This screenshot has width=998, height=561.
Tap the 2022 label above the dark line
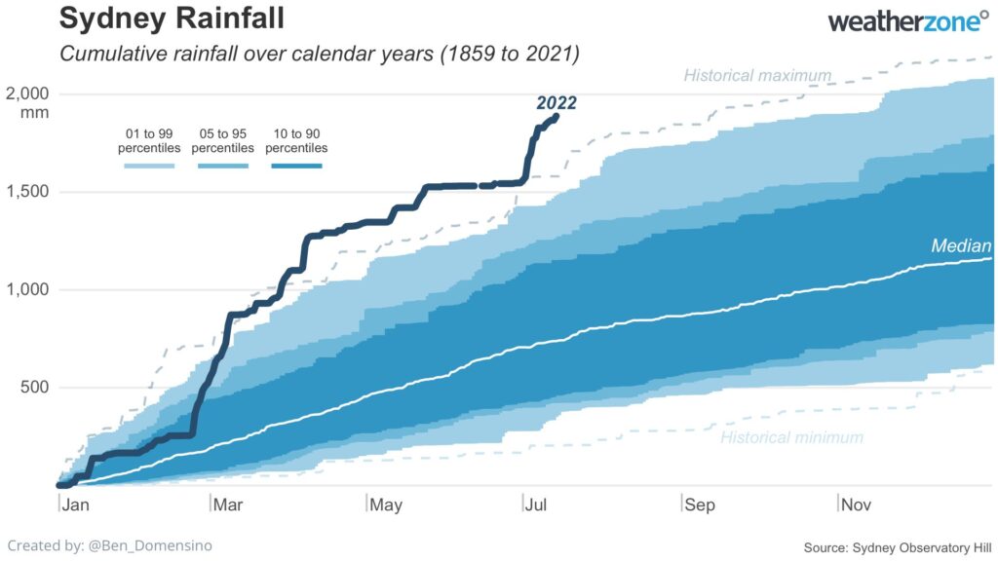click(557, 102)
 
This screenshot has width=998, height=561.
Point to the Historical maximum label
click(757, 75)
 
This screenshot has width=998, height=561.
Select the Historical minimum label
click(791, 437)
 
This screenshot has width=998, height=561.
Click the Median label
click(961, 246)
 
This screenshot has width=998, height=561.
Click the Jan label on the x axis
click(74, 505)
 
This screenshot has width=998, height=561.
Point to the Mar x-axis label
click(228, 505)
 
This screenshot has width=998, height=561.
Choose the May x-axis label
click(386, 505)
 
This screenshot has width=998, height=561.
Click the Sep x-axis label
click(699, 505)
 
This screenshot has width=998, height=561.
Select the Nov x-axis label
click(857, 505)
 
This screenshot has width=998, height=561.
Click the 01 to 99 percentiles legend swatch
click(149, 167)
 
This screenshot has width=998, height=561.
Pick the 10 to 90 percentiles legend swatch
click(296, 167)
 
